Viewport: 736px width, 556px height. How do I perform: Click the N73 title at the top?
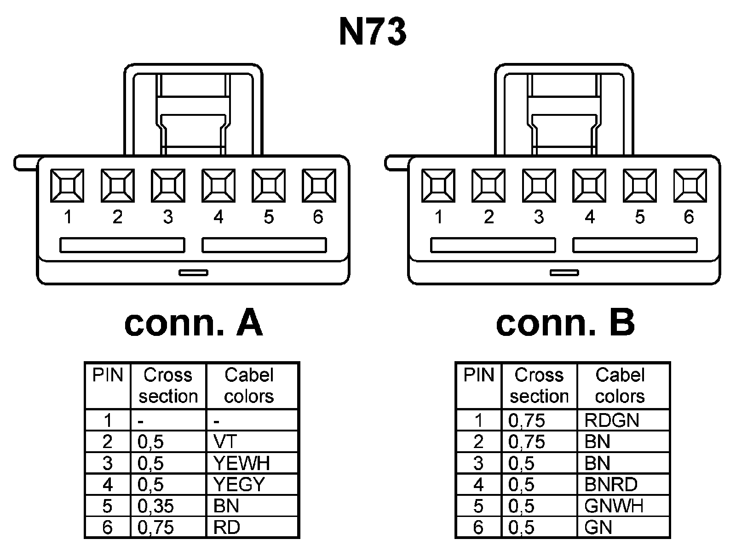point(373,33)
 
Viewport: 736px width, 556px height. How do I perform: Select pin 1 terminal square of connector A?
point(67,186)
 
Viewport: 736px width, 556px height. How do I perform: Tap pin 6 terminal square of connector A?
point(319,186)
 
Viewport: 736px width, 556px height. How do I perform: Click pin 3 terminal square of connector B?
point(539,186)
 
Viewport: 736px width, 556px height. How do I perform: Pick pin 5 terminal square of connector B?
point(639,186)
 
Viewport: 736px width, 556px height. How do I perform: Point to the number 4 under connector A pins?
point(218,217)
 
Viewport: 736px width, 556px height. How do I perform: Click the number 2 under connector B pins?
point(489,217)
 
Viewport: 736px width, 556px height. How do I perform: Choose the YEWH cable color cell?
point(241,463)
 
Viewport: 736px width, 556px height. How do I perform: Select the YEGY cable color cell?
point(239,484)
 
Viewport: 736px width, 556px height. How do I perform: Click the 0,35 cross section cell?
point(155,506)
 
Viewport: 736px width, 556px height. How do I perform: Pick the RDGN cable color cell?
point(611,420)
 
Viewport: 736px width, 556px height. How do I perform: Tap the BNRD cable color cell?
point(610,484)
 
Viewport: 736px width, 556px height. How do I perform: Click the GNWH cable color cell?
point(614,506)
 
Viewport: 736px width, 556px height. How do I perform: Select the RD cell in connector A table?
point(226,527)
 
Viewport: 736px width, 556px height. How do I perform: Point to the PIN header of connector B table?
point(478,375)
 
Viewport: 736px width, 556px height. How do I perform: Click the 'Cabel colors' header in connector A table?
point(249,386)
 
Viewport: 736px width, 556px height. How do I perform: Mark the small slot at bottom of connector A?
point(193,272)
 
